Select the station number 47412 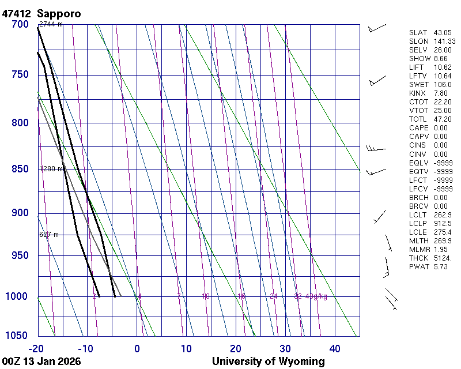tap(16, 13)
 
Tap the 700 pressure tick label tap(19, 24)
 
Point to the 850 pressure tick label tap(19, 169)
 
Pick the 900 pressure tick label tap(19, 213)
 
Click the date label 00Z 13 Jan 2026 tap(41, 362)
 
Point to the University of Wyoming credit tap(268, 362)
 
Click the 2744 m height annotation tap(51, 24)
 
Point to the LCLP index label tap(419, 224)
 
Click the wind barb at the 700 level tap(377, 28)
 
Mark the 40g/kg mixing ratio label tap(317, 296)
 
